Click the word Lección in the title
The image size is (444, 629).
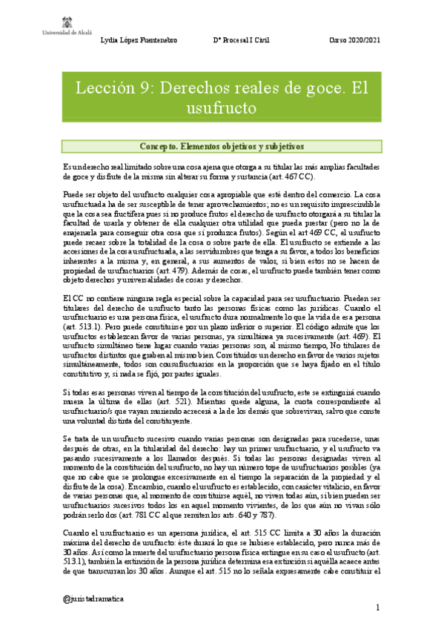point(104,89)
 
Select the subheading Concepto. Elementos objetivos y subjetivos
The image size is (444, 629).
point(222,146)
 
